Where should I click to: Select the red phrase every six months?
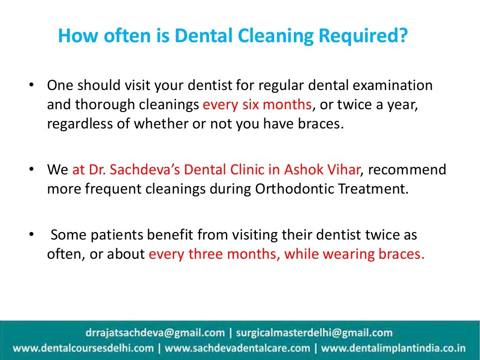pos(257,105)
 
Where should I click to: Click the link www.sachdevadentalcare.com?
pos(237,348)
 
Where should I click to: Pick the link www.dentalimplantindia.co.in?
pos(393,348)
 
